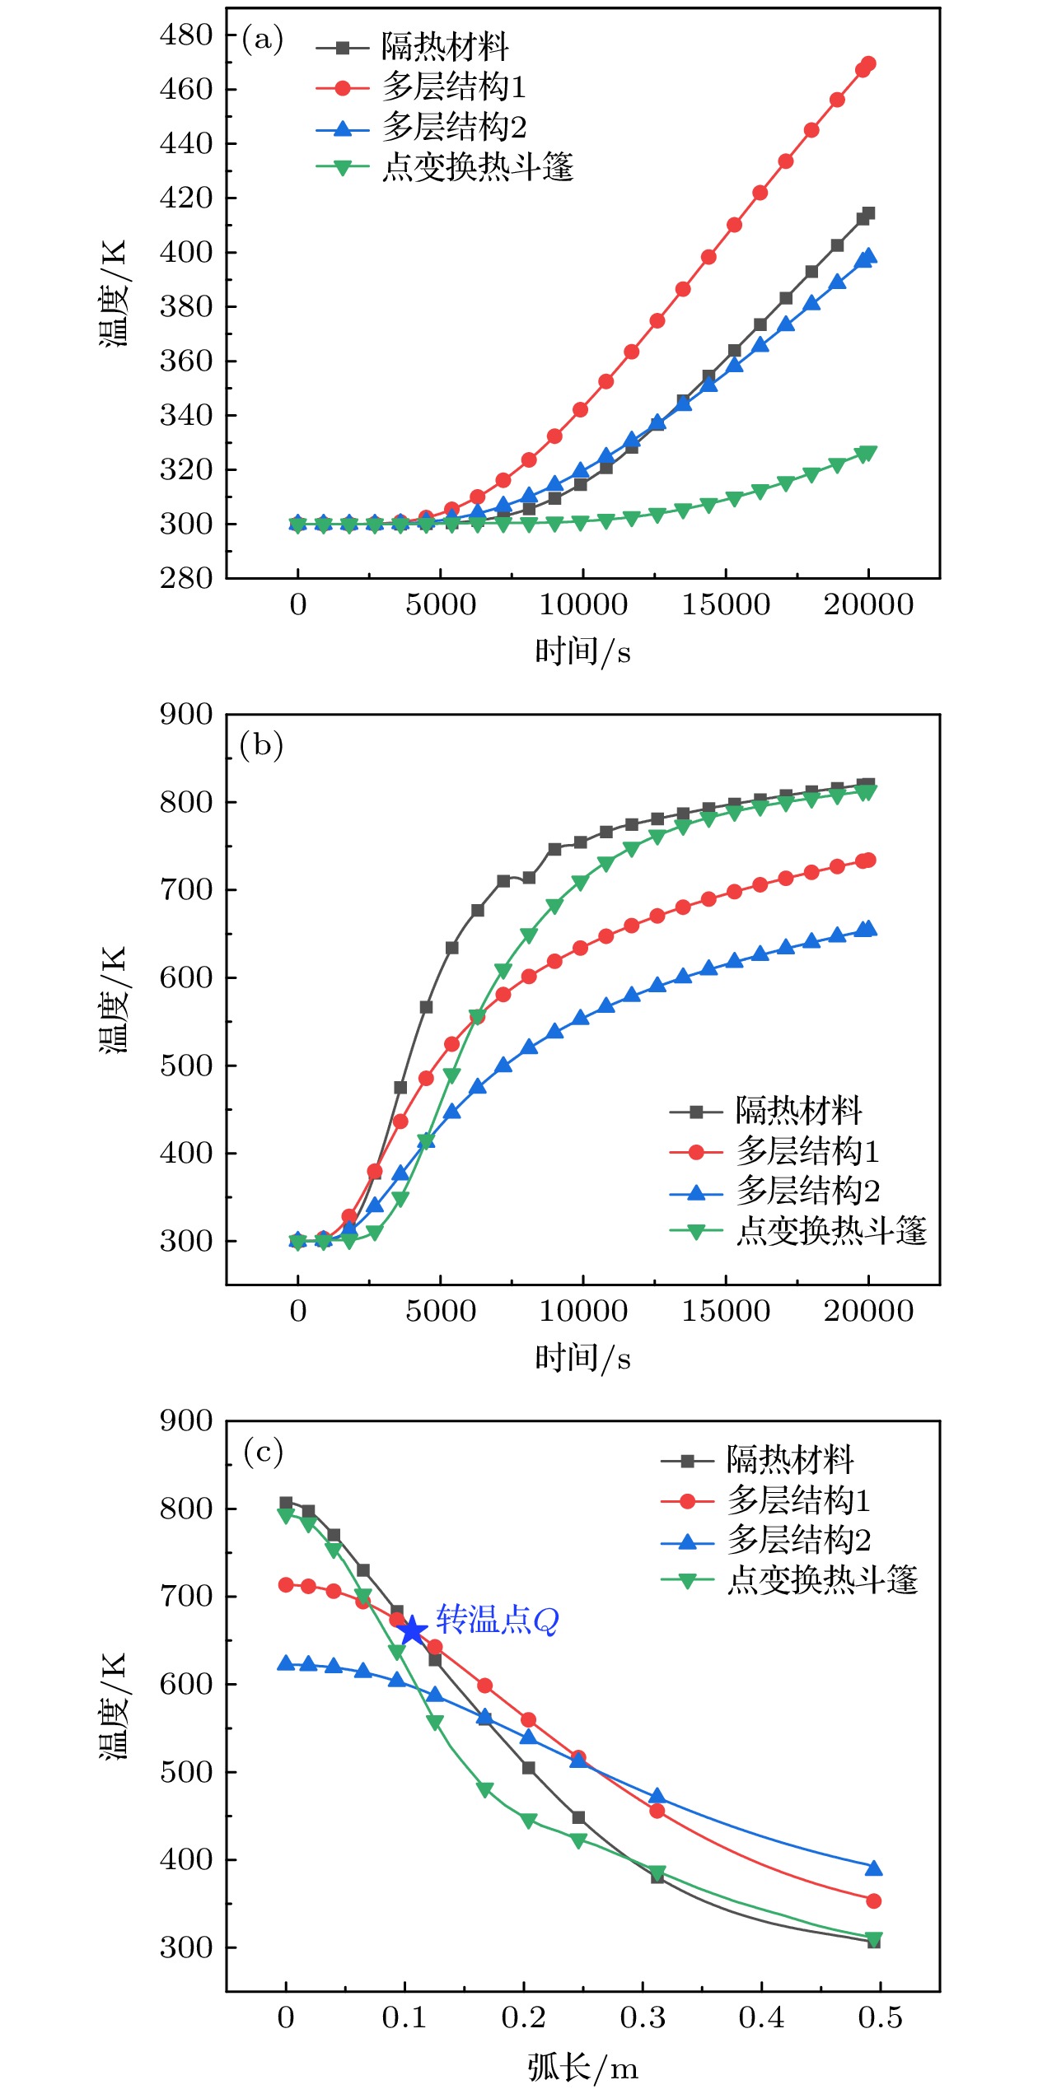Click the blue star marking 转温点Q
[412, 1630]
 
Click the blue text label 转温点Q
[498, 1620]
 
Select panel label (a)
[262, 40]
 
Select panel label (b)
[261, 745]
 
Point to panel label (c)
[263, 1451]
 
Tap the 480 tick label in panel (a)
[186, 35]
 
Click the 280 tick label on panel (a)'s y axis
[186, 578]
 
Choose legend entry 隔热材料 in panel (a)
[445, 47]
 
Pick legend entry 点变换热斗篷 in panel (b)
[831, 1231]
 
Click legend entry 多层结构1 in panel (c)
[797, 1500]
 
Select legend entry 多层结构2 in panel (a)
[454, 128]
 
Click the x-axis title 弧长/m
[582, 2067]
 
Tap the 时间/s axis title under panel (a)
[582, 652]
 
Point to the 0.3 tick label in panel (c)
[643, 2017]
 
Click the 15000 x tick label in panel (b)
[726, 1311]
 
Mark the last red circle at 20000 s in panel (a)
[867, 64]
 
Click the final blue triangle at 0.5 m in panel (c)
[874, 1868]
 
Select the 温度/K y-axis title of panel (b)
[114, 1000]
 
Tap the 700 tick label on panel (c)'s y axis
[186, 1596]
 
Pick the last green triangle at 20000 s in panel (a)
[867, 453]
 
